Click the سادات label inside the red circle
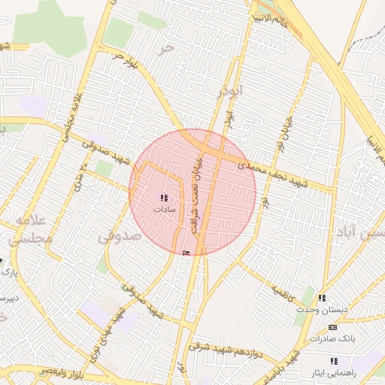tap(164, 209)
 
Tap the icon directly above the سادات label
tap(164, 198)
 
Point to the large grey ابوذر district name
tap(231, 92)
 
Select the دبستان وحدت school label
tap(324, 310)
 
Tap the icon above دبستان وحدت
tap(323, 299)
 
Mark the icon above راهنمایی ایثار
tap(334, 361)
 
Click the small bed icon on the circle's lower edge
tap(186, 252)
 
